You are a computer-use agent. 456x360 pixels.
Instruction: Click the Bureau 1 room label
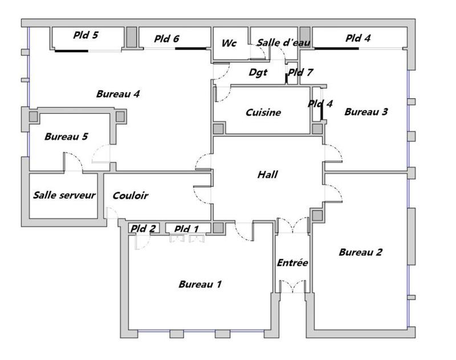pos(200,284)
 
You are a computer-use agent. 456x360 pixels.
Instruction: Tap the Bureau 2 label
pos(360,252)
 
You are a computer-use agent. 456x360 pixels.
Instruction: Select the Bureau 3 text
pos(366,112)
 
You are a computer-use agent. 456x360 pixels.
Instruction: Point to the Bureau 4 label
pos(118,94)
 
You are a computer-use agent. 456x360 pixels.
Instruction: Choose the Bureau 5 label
pos(66,137)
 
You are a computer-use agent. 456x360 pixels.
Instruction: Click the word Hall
pos(267,174)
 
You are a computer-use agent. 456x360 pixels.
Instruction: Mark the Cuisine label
pos(263,112)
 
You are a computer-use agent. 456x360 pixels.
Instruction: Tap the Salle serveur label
pos(64,195)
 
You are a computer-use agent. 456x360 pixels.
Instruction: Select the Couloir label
pos(131,195)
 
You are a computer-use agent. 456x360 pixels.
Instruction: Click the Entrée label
pos(292,263)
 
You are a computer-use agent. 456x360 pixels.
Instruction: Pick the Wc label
pos(229,43)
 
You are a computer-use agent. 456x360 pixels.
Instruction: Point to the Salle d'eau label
pos(275,43)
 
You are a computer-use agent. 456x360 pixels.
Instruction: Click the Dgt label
pos(258,72)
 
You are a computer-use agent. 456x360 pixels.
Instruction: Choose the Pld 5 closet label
pos(85,35)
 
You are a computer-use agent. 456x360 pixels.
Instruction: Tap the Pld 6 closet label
pos(166,39)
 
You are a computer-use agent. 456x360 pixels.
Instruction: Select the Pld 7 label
pos(300,72)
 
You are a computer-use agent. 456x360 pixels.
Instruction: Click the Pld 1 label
pos(186,229)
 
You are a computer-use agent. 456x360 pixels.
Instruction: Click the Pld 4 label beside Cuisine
pos(320,104)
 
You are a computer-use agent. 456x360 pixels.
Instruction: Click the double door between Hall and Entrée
pos(292,227)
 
